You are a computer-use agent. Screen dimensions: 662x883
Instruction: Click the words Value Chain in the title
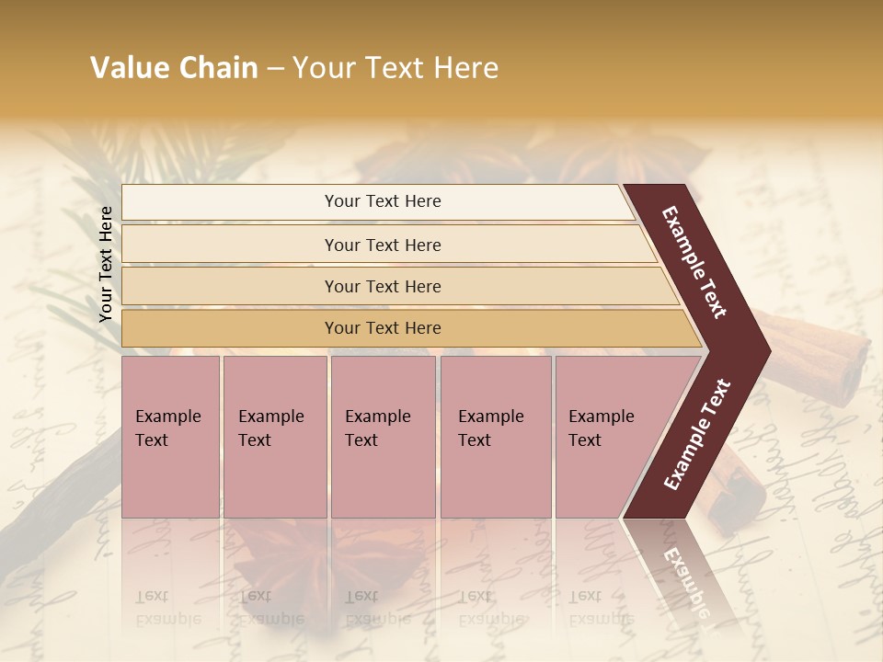tap(174, 68)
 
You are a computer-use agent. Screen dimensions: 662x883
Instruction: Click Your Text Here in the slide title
tap(396, 68)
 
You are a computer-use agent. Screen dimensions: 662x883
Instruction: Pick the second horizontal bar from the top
tap(383, 245)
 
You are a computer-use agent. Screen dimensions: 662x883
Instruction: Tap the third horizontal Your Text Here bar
tap(383, 286)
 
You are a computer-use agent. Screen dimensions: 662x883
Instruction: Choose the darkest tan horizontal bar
tap(383, 328)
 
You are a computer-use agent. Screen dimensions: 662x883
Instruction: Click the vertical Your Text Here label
tap(106, 264)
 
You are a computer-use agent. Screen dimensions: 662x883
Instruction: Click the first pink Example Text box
tap(170, 436)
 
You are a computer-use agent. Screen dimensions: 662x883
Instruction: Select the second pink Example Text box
tap(274, 436)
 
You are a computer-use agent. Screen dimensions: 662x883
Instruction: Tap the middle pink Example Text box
tap(383, 436)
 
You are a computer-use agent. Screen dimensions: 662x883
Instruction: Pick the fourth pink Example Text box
tap(495, 436)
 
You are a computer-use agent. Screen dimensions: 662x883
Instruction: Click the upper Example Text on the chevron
tap(694, 261)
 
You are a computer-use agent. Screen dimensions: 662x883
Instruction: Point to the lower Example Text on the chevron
tap(697, 434)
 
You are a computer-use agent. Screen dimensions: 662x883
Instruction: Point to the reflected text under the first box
tap(166, 607)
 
